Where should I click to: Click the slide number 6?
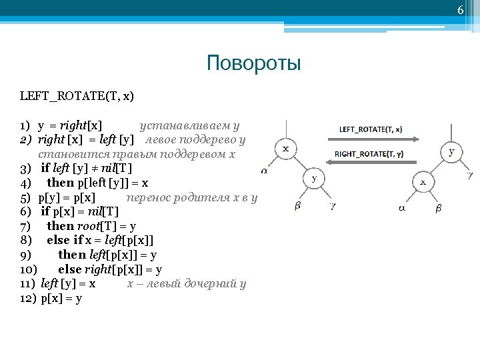(x=459, y=10)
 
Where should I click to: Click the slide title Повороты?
(x=254, y=63)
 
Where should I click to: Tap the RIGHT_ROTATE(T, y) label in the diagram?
(x=369, y=154)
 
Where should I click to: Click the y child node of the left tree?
(x=314, y=178)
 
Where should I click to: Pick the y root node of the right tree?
(x=452, y=151)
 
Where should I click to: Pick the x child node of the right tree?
(x=423, y=181)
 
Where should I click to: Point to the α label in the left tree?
(x=264, y=171)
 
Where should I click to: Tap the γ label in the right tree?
(x=471, y=175)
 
